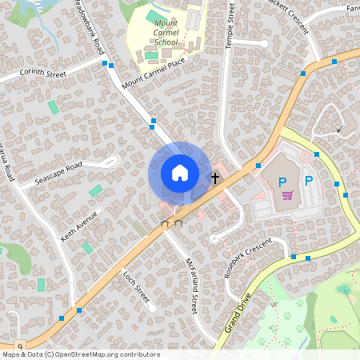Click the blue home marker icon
point(180,173)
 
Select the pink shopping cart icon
point(286,194)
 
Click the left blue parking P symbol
point(282,182)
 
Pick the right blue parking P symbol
point(308,181)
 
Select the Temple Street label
point(231,25)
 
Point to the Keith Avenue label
point(78,225)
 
